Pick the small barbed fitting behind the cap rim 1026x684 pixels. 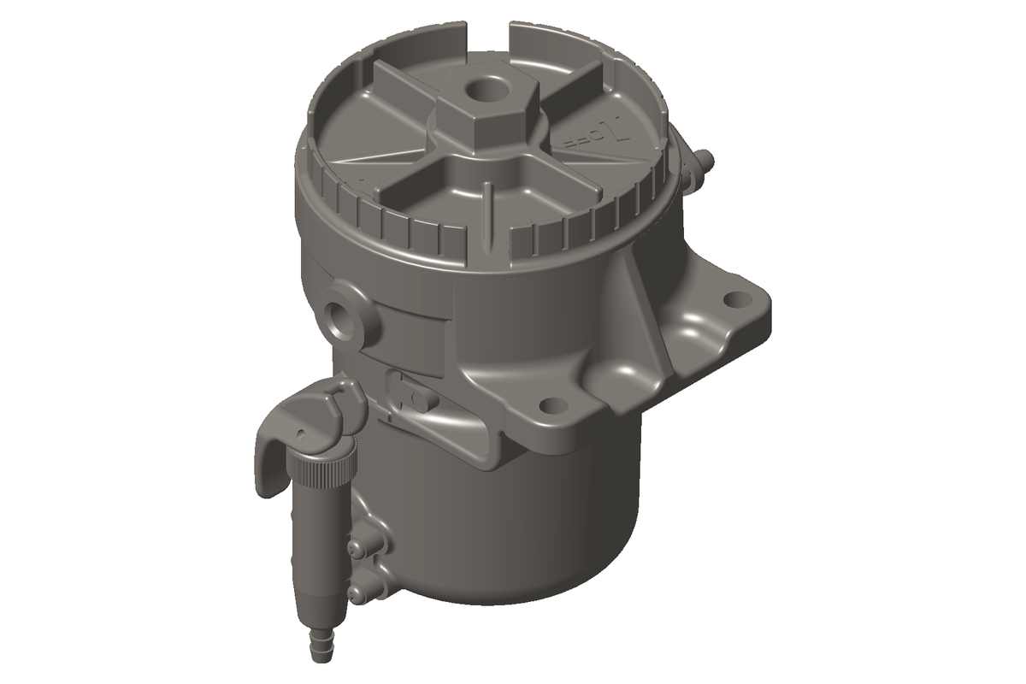point(703,162)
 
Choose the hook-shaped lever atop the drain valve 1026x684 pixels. point(282,445)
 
